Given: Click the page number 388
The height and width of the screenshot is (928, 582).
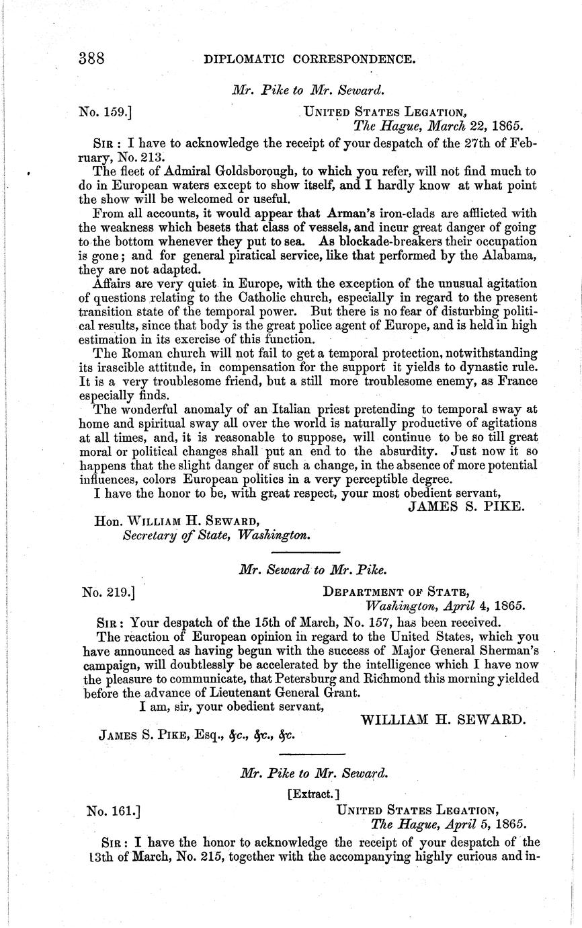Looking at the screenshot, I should coord(91,59).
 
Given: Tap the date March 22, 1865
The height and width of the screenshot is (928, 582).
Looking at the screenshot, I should coord(471,125).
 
